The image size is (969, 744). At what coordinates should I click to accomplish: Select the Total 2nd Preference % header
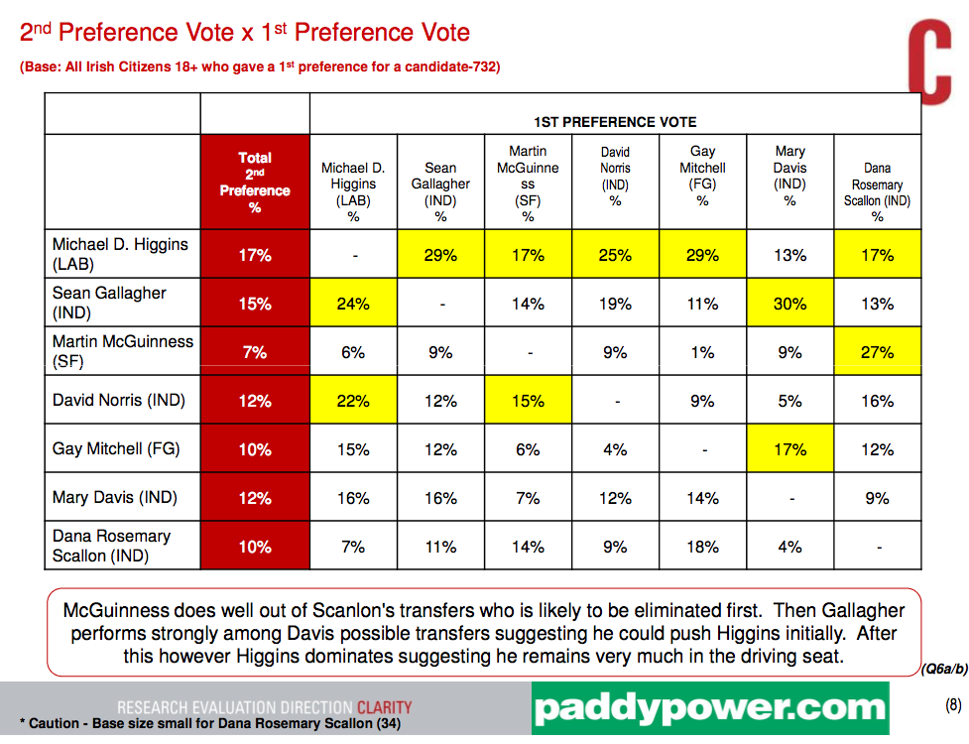pyautogui.click(x=255, y=182)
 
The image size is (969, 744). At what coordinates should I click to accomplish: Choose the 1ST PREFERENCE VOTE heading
pyautogui.click(x=615, y=122)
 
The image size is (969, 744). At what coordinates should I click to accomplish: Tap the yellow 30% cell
pyautogui.click(x=789, y=304)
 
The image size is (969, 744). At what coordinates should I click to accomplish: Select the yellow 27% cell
pyautogui.click(x=877, y=352)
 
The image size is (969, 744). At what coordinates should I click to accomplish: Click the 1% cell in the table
pyautogui.click(x=702, y=352)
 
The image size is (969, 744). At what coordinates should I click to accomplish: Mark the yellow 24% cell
pyautogui.click(x=353, y=304)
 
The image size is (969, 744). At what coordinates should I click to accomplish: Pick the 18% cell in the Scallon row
pyautogui.click(x=702, y=547)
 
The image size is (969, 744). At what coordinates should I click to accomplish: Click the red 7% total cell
pyautogui.click(x=255, y=352)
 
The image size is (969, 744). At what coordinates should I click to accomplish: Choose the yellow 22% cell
pyautogui.click(x=353, y=401)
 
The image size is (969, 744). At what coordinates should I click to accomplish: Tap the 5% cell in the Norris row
pyautogui.click(x=789, y=401)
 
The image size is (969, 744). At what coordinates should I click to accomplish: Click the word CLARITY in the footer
pyautogui.click(x=384, y=707)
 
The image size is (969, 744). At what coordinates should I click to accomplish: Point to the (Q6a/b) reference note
pyautogui.click(x=943, y=669)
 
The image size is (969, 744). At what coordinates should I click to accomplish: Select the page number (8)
pyautogui.click(x=953, y=705)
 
